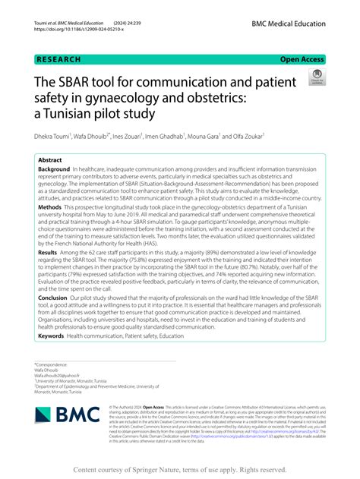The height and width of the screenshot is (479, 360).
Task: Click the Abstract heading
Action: [51, 161]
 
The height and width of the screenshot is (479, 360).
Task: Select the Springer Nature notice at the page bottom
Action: [179, 469]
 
